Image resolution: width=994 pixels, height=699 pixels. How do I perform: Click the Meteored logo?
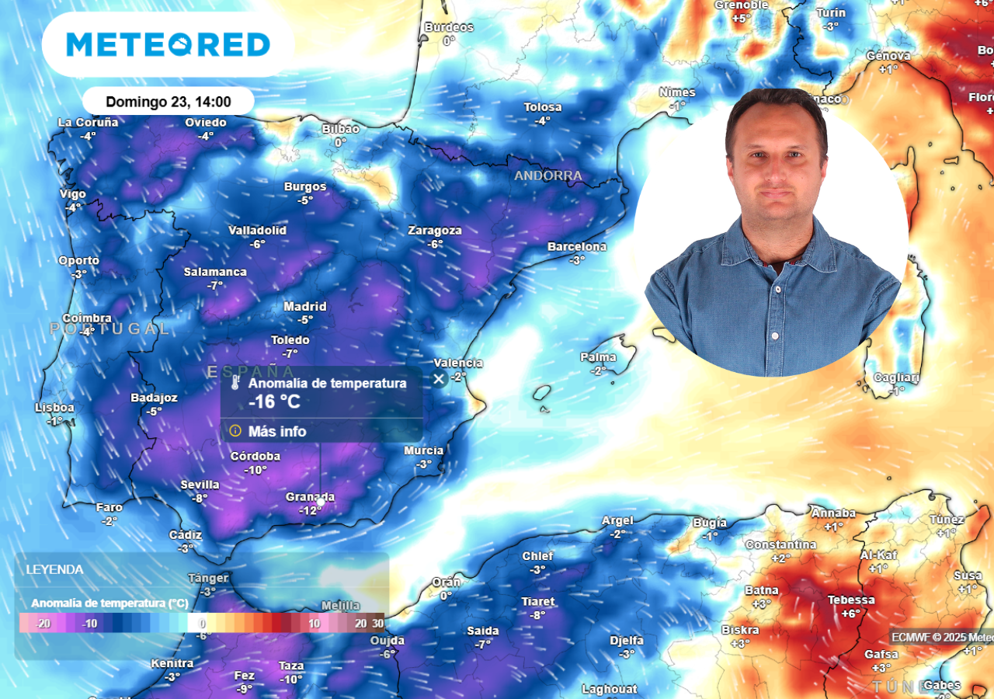[168, 44]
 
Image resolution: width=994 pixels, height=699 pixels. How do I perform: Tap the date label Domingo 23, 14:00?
[168, 102]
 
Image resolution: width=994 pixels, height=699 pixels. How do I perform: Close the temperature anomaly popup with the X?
[439, 379]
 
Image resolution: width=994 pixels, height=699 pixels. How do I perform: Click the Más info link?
[277, 431]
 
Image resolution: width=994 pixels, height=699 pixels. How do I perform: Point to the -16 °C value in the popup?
[274, 402]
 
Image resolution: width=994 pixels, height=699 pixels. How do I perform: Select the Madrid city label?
[305, 307]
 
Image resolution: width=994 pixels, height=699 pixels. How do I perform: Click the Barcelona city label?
[577, 247]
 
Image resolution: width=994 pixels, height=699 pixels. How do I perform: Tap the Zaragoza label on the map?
[435, 231]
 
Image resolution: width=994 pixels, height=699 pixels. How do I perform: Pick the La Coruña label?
[88, 123]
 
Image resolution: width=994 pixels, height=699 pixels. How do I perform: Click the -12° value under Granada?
[311, 510]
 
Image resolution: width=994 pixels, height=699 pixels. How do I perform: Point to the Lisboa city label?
[54, 408]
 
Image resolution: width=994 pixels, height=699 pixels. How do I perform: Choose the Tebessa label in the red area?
[851, 600]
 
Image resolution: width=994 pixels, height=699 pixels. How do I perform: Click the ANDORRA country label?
[548, 176]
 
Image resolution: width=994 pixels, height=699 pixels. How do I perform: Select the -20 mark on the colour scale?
[43, 623]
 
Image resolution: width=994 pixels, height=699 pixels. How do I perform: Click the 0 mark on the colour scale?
[202, 623]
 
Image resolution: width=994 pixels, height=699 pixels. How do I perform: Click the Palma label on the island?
[598, 358]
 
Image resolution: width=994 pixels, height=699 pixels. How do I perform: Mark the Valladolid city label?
[257, 231]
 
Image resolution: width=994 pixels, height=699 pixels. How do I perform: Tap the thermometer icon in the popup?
[235, 384]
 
